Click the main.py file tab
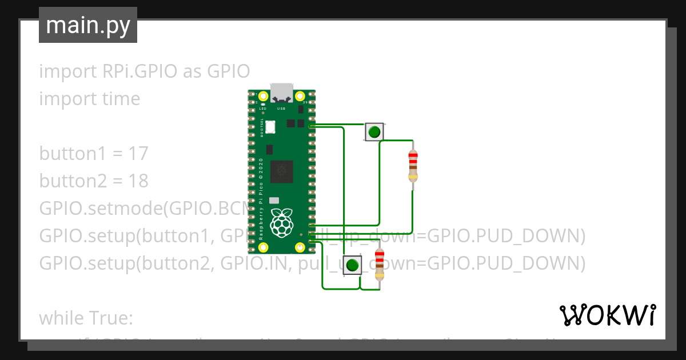pos(87,25)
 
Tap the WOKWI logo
pos(607,315)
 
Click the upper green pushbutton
pos(374,133)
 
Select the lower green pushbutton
pos(353,265)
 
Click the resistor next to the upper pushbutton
pos(413,166)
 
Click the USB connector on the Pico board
pos(281,92)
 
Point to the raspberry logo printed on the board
pos(281,223)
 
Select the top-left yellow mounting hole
pos(263,96)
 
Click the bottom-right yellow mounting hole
pos(300,247)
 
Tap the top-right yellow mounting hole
pos(300,96)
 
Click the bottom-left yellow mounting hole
pos(263,247)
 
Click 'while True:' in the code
pos(86,318)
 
